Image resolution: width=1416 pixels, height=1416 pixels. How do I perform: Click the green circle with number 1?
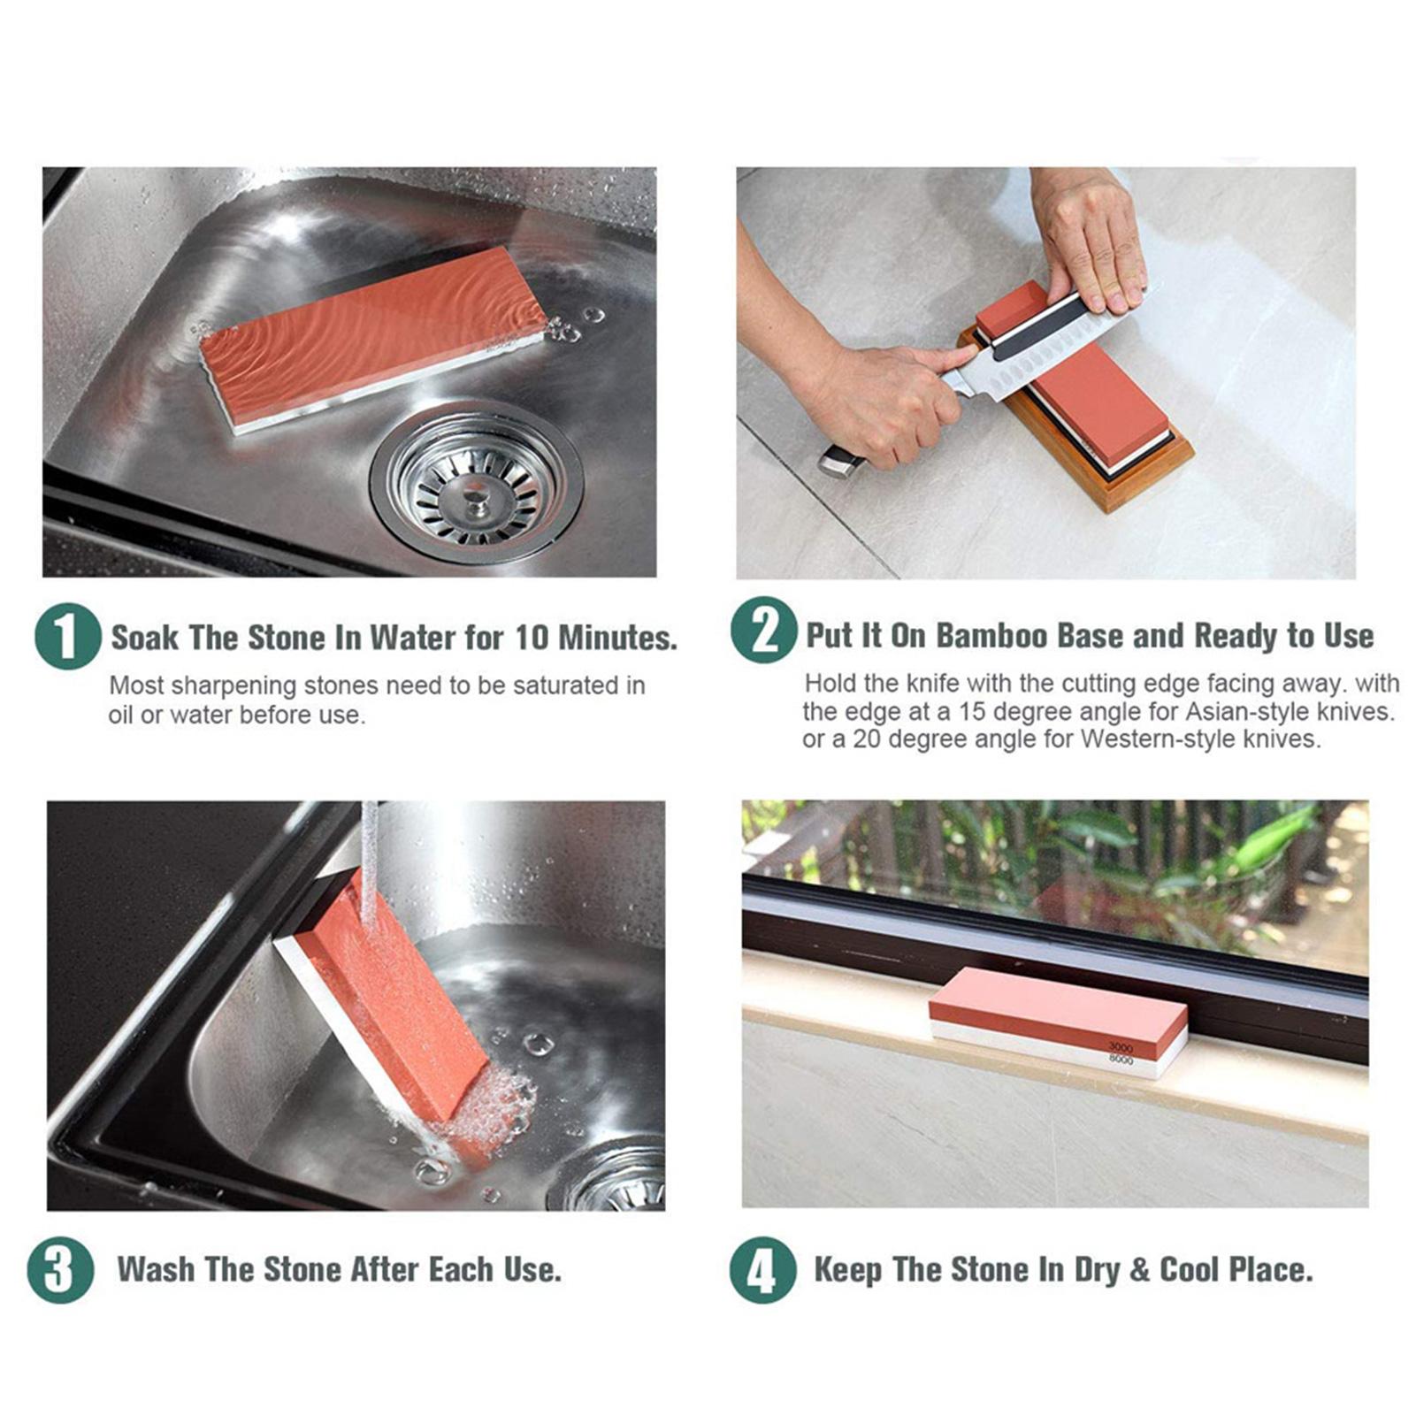(x=67, y=636)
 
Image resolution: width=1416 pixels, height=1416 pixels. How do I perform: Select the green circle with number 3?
(x=60, y=1269)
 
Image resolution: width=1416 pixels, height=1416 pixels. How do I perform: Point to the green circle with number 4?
(x=762, y=1269)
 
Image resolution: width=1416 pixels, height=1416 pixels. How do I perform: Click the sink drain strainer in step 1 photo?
(x=477, y=483)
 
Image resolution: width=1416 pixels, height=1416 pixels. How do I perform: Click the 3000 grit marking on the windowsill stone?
(x=1120, y=1047)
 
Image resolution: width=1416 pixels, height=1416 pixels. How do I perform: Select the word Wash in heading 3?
(x=156, y=1269)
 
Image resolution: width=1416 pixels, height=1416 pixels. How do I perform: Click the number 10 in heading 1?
(x=532, y=637)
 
